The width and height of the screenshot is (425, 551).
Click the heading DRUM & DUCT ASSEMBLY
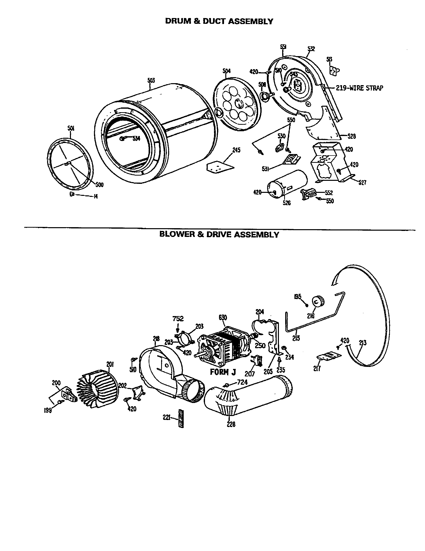[x=219, y=22]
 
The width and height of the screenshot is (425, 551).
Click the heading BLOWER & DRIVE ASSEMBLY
[x=219, y=235]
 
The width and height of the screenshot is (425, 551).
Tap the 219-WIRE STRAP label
[x=359, y=88]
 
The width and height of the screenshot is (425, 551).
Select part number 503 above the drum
[x=151, y=80]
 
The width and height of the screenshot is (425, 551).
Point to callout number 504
[x=226, y=71]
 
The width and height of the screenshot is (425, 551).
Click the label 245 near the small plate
[x=236, y=150]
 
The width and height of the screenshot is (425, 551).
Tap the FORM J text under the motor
[x=223, y=372]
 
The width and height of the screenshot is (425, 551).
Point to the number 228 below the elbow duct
[x=231, y=425]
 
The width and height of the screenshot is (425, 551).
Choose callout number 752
[x=178, y=319]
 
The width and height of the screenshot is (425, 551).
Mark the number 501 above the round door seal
[x=71, y=128]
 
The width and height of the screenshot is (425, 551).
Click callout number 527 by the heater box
[x=362, y=182]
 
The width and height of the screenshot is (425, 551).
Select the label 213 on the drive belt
[x=363, y=343]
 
